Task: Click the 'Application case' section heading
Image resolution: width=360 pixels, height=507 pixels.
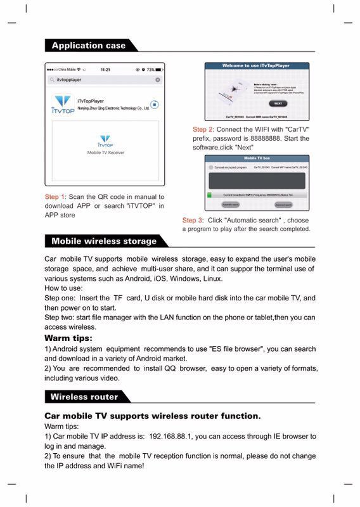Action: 89,46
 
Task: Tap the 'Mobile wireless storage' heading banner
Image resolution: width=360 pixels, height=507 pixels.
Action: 104,241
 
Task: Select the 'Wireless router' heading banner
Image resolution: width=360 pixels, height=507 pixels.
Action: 84,397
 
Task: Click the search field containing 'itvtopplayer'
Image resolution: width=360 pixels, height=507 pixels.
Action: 101,80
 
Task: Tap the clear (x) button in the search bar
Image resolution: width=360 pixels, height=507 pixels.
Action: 158,80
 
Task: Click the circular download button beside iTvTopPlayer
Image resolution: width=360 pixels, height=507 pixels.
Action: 154,105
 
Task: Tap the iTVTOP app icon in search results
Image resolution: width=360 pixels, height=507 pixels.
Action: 63,104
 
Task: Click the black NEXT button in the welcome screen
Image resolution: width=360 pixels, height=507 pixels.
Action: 278,103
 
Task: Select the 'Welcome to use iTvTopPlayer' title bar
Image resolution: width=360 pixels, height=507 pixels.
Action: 257,66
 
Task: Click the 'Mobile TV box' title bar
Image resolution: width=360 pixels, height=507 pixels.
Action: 257,157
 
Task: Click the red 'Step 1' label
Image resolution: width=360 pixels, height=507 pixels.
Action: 55,197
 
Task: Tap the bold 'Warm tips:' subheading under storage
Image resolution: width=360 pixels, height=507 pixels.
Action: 68,338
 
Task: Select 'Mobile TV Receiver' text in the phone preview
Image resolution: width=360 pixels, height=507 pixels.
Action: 106,153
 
